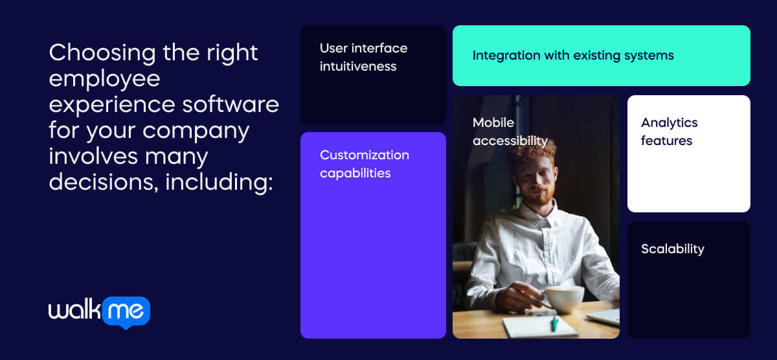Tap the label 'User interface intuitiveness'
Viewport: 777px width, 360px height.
(x=363, y=57)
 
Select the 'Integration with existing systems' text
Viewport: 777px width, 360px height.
(x=572, y=55)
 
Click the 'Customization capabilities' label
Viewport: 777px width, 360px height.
(x=364, y=164)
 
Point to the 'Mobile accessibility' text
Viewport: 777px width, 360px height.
(x=510, y=131)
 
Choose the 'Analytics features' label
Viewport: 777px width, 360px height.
(x=669, y=131)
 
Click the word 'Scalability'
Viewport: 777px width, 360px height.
(x=672, y=249)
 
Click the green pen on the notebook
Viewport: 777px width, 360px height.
(x=554, y=323)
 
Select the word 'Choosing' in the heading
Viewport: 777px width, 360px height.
(x=102, y=52)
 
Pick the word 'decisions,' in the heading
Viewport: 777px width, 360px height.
(x=104, y=182)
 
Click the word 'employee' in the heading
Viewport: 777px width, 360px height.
(x=104, y=78)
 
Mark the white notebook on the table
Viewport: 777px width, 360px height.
(x=539, y=326)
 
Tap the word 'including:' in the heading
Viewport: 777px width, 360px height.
(x=220, y=182)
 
